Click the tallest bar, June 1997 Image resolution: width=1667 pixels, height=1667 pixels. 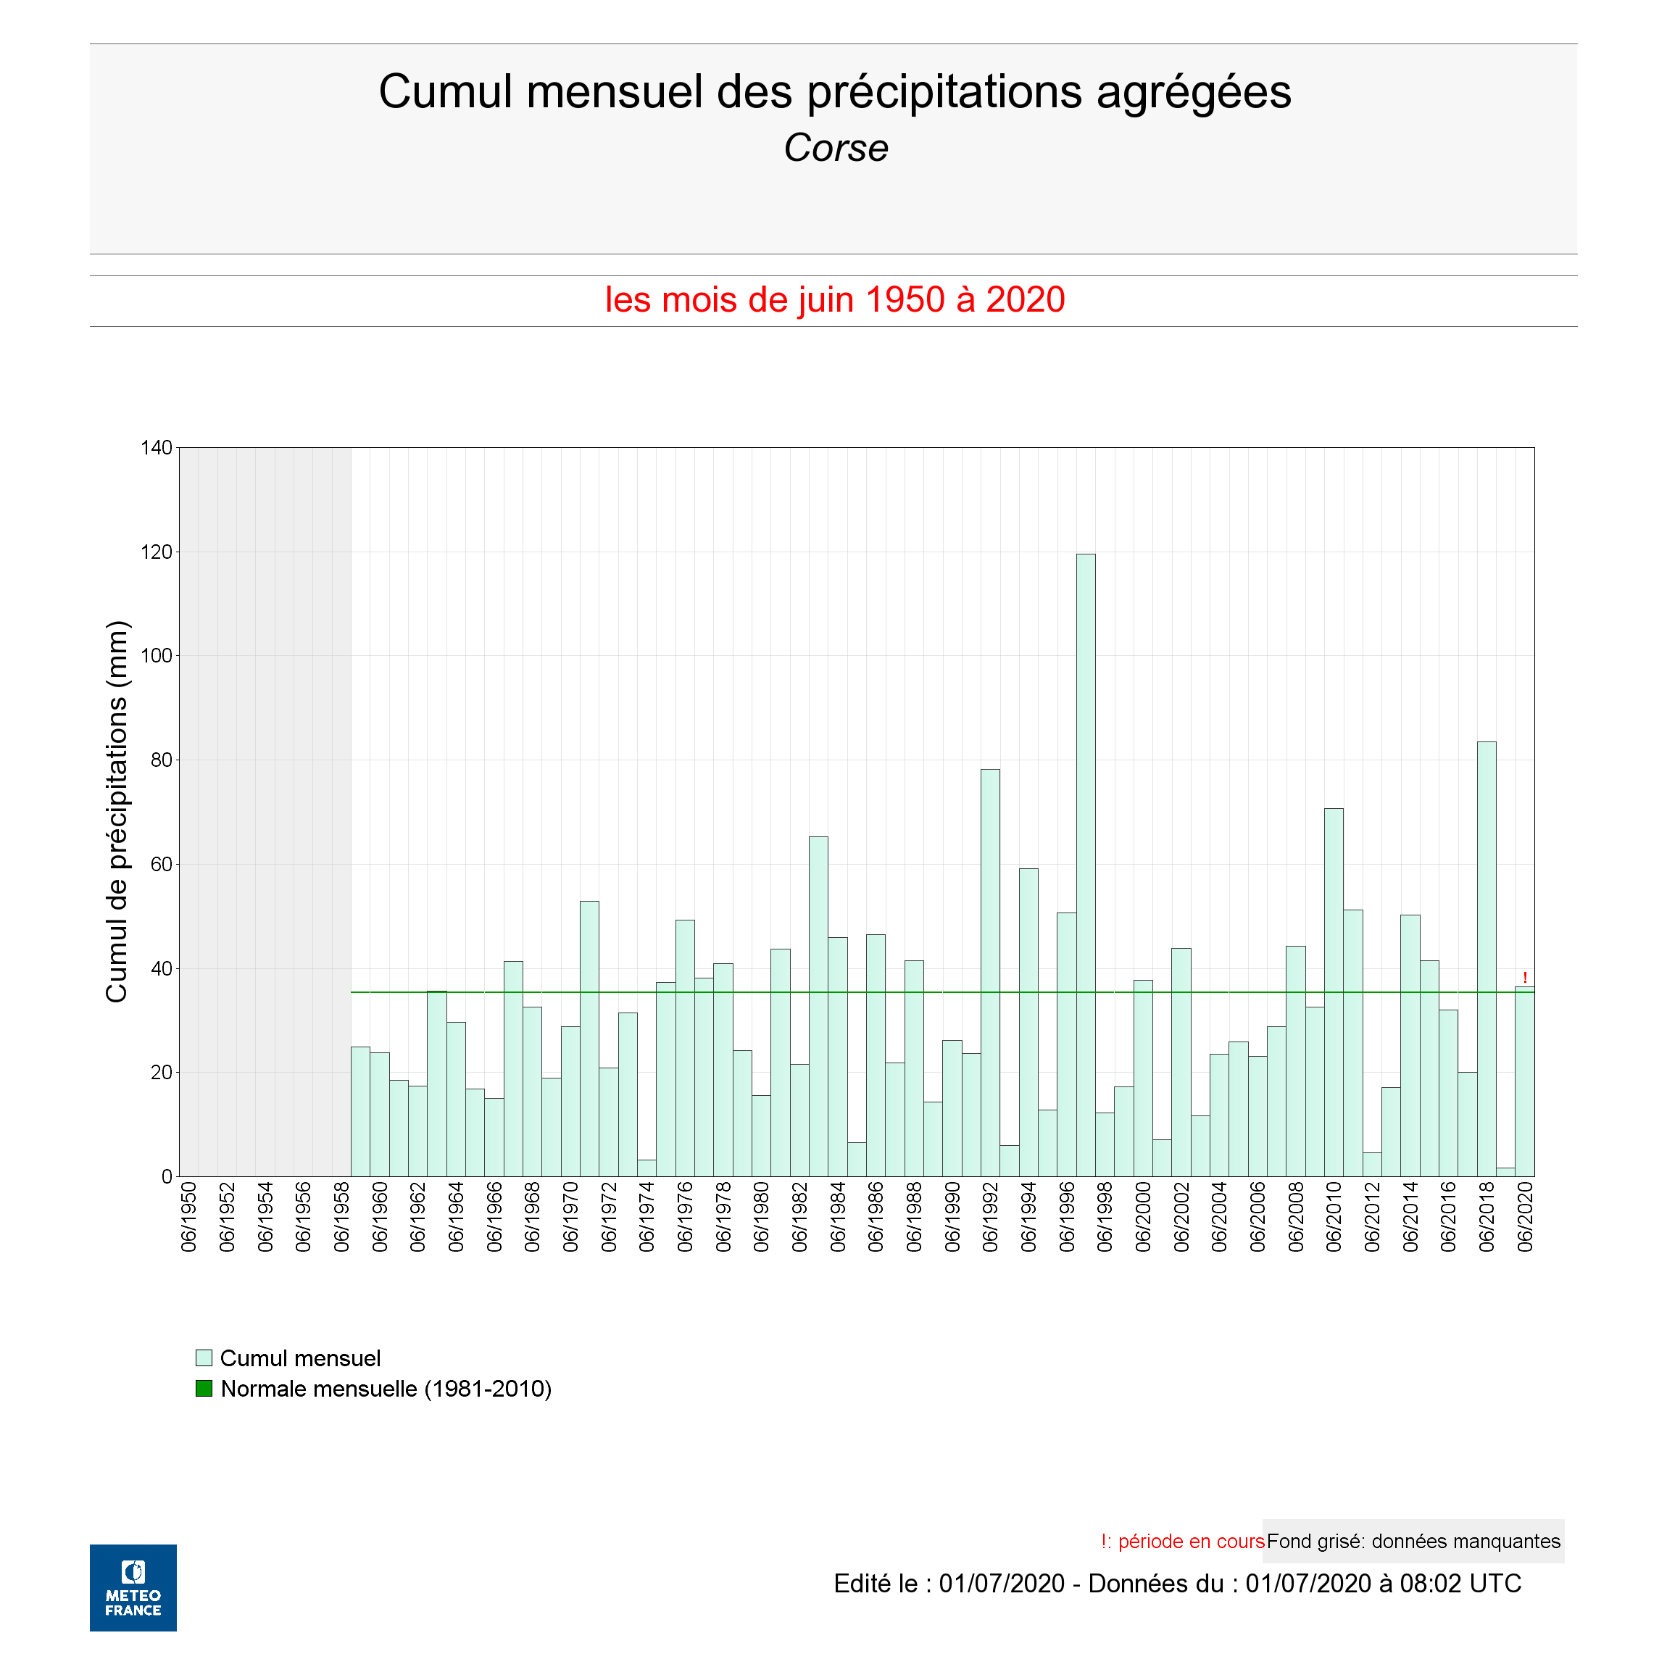pyautogui.click(x=1086, y=862)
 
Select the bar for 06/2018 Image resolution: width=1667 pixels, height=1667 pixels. pyautogui.click(x=1487, y=957)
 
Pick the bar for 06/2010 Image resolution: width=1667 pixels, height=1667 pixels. pyautogui.click(x=1334, y=992)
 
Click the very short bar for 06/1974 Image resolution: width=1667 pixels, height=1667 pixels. pyautogui.click(x=647, y=1168)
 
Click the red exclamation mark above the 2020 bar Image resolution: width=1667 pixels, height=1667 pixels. pyautogui.click(x=1525, y=978)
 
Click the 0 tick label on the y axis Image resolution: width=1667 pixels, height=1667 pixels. pyautogui.click(x=167, y=1177)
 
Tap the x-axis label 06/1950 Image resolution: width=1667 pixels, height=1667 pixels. pyautogui.click(x=189, y=1218)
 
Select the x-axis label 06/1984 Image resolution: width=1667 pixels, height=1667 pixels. pyautogui.click(x=838, y=1218)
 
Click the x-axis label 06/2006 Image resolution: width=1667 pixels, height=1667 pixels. pyautogui.click(x=1258, y=1218)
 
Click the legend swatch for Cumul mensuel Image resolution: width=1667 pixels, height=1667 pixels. pyautogui.click(x=204, y=1358)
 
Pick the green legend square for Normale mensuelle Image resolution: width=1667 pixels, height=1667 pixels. pyautogui.click(x=204, y=1388)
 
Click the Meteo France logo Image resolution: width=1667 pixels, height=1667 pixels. pyautogui.click(x=133, y=1587)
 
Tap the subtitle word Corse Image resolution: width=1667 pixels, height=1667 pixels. pyautogui.click(x=835, y=148)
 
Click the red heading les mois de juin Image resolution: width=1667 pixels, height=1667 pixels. pyautogui.click(x=834, y=299)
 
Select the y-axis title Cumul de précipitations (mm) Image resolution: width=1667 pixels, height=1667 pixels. pyautogui.click(x=117, y=811)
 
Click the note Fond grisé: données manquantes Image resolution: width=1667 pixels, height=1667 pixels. pyautogui.click(x=1413, y=1541)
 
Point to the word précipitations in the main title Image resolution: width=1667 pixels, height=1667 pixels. pyautogui.click(x=944, y=91)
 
